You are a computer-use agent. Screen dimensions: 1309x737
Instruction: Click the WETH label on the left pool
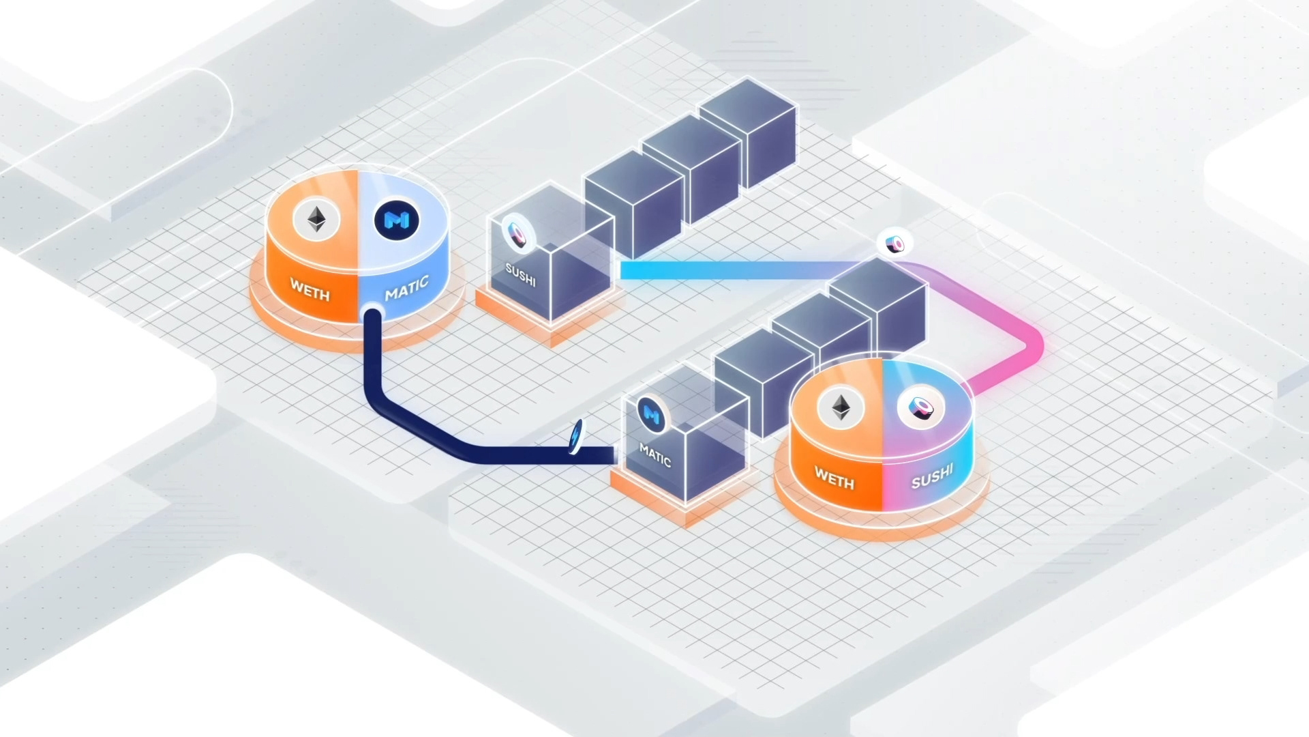(310, 289)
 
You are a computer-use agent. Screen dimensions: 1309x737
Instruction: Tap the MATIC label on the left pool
(407, 288)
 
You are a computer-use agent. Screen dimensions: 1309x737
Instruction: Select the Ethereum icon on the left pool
(316, 220)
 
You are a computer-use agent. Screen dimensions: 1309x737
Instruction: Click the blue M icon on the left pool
(397, 220)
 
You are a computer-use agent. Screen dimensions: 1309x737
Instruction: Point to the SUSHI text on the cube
(520, 275)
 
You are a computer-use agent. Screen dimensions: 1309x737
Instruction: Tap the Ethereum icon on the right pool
(841, 408)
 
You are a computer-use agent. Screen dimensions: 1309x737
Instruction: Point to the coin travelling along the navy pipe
(576, 437)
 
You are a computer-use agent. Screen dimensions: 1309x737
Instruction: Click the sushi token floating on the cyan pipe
(895, 244)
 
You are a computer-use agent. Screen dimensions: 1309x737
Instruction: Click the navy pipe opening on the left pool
(372, 315)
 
